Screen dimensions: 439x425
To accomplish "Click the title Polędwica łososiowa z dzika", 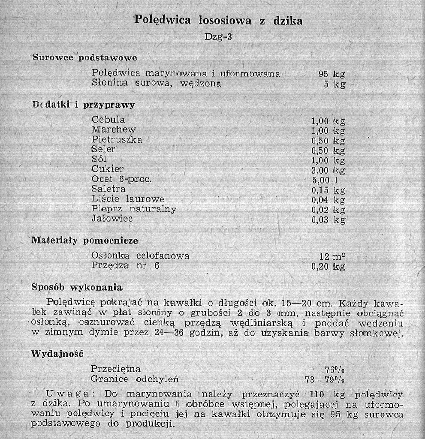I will [x=218, y=20].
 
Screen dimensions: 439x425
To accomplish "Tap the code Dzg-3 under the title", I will [x=218, y=36].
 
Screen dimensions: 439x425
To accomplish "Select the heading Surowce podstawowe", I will [x=85, y=57].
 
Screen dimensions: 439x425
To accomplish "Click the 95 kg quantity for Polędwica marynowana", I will [x=332, y=74].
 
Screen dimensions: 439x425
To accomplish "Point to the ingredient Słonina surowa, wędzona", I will [x=157, y=83].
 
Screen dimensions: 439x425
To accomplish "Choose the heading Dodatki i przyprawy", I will [x=84, y=105].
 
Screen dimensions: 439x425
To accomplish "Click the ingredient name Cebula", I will [x=108, y=120].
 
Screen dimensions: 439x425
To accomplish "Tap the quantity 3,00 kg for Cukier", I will [x=328, y=170].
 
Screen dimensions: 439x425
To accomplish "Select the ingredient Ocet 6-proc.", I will [x=122, y=179].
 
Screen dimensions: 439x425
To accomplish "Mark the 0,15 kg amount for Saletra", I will [x=328, y=190].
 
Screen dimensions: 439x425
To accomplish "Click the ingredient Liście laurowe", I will [x=128, y=199].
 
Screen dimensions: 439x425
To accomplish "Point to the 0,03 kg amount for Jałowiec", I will [x=328, y=220].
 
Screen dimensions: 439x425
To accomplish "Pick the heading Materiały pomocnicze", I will [x=84, y=241].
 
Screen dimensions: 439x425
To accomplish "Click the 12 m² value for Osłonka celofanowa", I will [x=332, y=256].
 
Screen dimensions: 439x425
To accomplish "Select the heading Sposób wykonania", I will [x=77, y=287].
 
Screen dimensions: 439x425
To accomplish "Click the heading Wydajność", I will [x=57, y=354].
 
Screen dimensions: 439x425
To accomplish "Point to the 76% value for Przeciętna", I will [x=335, y=370].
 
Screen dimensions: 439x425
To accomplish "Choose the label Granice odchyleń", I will [x=135, y=379].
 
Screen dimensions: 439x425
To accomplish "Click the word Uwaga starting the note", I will [x=66, y=394].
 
